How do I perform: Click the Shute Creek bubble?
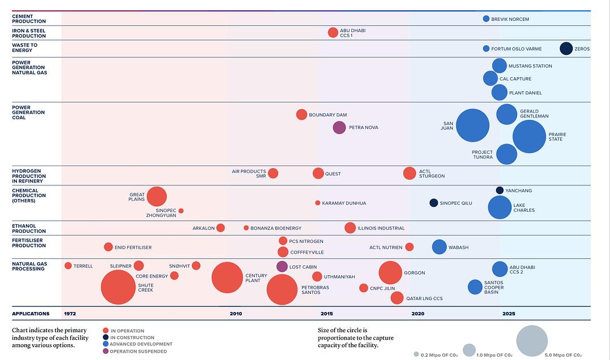tap(118, 287)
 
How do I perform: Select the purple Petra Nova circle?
tap(339, 128)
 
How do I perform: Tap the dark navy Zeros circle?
tap(566, 49)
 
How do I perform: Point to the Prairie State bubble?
tap(529, 136)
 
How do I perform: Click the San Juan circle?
tap(472, 125)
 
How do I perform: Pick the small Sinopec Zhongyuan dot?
tap(181, 211)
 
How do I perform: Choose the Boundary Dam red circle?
tap(302, 115)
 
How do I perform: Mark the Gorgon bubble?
tap(389, 273)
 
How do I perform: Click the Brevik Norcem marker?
tap(486, 19)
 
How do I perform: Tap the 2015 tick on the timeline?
tap(327, 314)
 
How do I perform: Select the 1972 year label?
tap(70, 314)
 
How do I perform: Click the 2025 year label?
tap(509, 314)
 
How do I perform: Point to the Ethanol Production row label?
tap(29, 228)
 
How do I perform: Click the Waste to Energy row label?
tap(25, 48)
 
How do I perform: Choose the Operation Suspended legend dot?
tap(106, 352)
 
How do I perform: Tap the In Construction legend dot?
tap(106, 337)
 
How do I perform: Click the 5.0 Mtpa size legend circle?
tap(532, 341)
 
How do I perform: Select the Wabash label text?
tap(458, 248)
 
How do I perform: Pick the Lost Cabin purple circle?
tap(282, 267)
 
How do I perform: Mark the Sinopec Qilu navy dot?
tap(434, 203)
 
